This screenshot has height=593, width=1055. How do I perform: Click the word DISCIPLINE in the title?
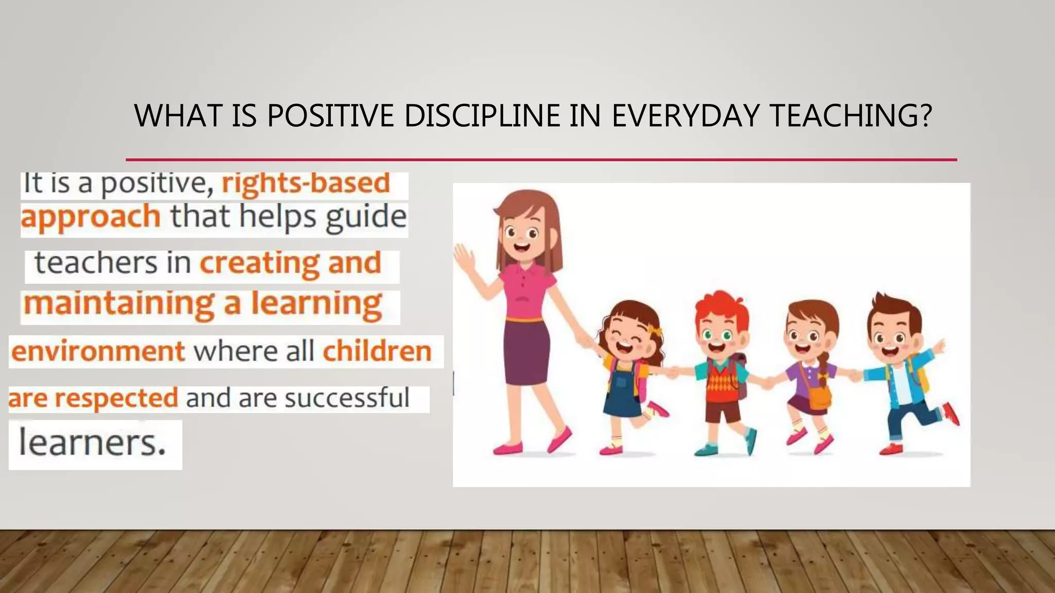pos(482,115)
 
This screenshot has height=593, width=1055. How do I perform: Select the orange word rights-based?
pos(305,183)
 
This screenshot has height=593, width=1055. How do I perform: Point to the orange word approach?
pos(91,217)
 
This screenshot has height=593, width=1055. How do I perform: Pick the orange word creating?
pos(260,263)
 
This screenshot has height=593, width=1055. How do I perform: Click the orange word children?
pos(377,352)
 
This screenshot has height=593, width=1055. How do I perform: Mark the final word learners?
pos(92,443)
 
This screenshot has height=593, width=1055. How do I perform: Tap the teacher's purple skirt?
pos(526,353)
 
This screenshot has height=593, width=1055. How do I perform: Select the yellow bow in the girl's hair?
pos(655,330)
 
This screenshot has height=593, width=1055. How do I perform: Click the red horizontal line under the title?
pos(541,160)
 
